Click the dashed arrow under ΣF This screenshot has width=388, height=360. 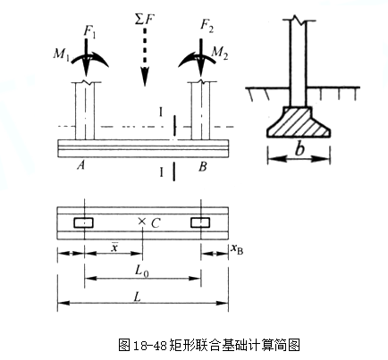pyautogui.click(x=143, y=63)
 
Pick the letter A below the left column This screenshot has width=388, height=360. pyautogui.click(x=81, y=164)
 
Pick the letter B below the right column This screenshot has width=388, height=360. pyautogui.click(x=204, y=164)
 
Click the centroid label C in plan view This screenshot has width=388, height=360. pyautogui.click(x=155, y=221)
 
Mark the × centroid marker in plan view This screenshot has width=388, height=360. pyautogui.click(x=141, y=221)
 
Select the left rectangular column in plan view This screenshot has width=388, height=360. pyautogui.click(x=84, y=221)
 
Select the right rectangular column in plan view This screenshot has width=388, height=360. pyautogui.click(x=200, y=221)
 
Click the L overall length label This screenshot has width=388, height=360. pyautogui.click(x=141, y=295)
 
